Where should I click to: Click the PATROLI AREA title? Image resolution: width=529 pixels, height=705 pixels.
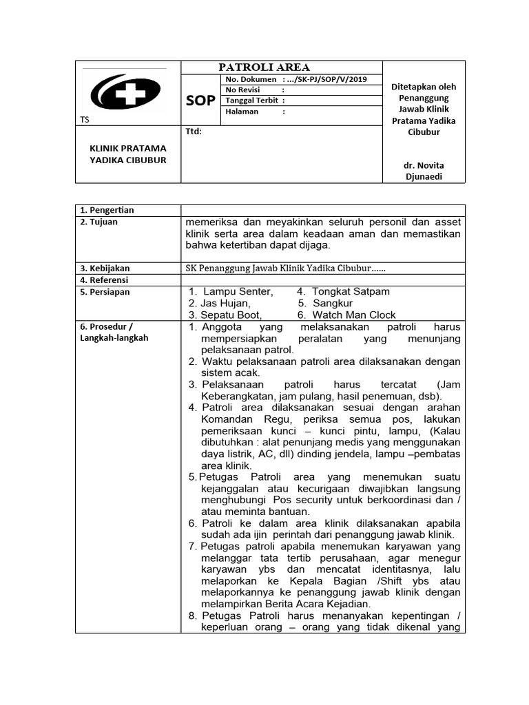tap(264, 67)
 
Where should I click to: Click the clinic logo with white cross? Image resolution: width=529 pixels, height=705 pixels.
tap(125, 94)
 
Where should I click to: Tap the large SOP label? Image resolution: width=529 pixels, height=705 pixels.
tap(200, 101)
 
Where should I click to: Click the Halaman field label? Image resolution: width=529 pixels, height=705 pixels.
tap(241, 111)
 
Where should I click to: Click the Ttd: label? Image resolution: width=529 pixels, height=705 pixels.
tap(194, 131)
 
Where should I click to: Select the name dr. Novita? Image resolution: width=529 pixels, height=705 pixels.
tap(424, 166)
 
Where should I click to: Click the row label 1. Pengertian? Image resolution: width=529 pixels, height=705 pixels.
tap(107, 210)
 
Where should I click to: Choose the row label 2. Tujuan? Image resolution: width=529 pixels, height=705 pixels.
tap(99, 222)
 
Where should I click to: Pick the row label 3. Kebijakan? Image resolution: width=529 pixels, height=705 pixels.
tap(105, 268)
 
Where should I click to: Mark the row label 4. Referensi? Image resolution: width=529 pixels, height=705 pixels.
tap(105, 280)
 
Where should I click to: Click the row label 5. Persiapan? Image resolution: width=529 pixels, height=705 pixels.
tap(105, 292)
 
